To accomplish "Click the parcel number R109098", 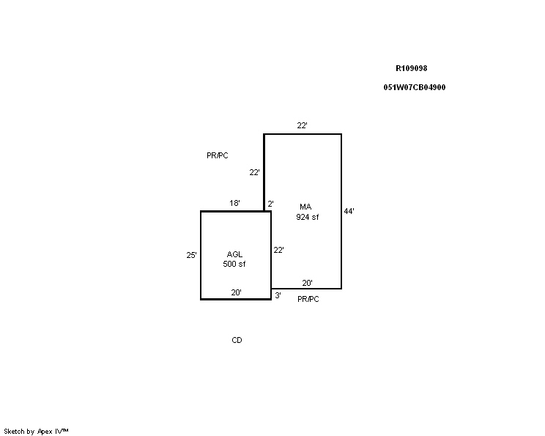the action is tap(411, 68).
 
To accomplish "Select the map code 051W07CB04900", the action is tap(415, 87).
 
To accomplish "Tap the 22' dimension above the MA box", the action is tap(302, 125).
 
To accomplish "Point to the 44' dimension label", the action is tap(349, 211).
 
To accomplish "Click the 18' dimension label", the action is tap(234, 203).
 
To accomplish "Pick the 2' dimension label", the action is tap(270, 204).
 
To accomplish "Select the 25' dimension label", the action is tap(191, 255).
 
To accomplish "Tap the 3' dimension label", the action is tap(278, 295).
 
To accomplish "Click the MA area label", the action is tap(305, 207).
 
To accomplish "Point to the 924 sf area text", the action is tap(307, 217).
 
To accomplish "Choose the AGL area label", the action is tap(234, 254).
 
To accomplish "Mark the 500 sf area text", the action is tap(234, 264).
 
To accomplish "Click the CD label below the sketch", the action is tap(237, 340).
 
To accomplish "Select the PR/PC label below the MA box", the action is tap(308, 299).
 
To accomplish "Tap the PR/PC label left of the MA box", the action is tap(218, 155).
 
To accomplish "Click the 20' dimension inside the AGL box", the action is tap(237, 293).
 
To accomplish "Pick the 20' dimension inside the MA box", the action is tap(307, 283).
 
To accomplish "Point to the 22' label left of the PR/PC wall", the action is tap(254, 172).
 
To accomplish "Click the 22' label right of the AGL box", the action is tap(279, 250).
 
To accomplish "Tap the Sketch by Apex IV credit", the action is tap(36, 432).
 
